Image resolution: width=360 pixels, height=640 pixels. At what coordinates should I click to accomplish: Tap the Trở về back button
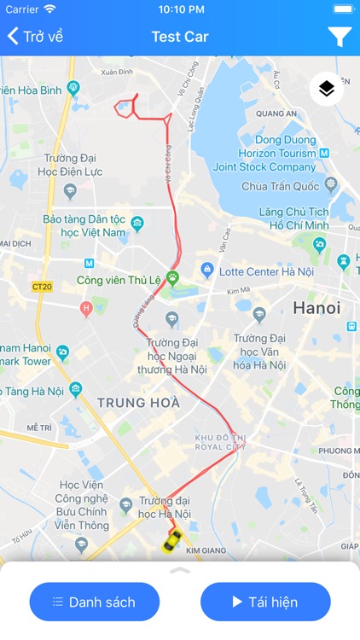pos(36,37)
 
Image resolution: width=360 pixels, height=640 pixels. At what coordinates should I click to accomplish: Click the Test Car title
pos(180,37)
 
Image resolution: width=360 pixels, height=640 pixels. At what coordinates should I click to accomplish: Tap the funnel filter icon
pos(339,37)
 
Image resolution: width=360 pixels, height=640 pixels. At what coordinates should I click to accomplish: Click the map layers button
pos(327,89)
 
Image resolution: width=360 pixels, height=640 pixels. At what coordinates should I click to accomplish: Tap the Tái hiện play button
pos(265,602)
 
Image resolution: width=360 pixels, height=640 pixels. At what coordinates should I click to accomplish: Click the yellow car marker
pos(172,540)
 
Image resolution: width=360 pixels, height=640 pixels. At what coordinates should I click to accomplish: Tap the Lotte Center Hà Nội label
pos(244,271)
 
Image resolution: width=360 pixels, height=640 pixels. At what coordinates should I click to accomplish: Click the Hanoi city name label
pos(316,308)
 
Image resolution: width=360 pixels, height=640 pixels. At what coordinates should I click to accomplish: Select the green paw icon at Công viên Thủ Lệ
pos(173,277)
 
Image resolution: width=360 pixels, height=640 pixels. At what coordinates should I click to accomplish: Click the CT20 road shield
pos(42,287)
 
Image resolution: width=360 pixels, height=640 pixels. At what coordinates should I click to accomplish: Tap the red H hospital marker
pos(85,307)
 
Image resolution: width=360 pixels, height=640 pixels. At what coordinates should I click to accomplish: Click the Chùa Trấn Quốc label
pos(279,187)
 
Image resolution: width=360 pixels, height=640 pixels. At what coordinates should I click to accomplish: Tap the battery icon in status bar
pos(343,9)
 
